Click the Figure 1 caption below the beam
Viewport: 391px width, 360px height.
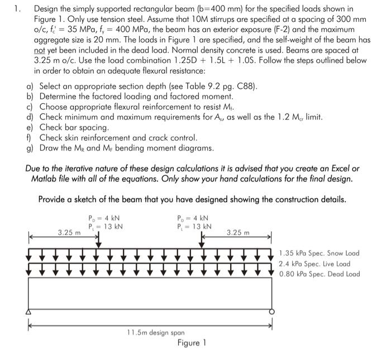pos(192,342)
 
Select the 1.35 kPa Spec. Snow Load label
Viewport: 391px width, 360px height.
pos(319,253)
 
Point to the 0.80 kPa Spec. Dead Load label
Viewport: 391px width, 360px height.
pos(320,274)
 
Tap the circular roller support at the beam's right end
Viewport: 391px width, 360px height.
pos(272,312)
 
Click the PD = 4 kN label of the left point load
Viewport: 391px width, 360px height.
pos(104,218)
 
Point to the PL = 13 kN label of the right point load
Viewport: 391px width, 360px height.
pos(194,226)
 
